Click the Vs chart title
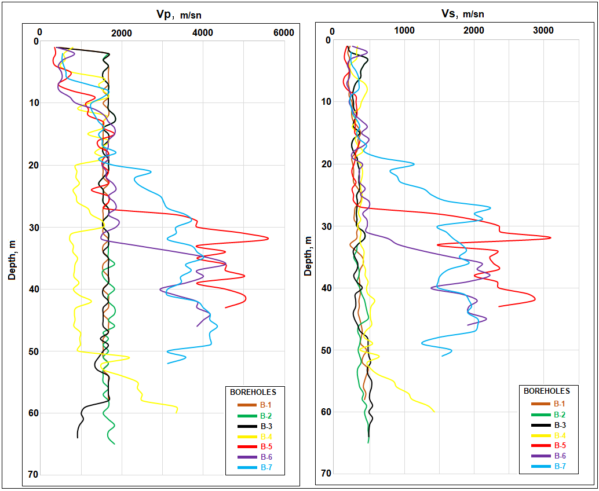click(x=457, y=13)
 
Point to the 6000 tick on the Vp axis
click(x=284, y=33)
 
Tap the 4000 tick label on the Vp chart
click(x=203, y=33)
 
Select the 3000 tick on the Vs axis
click(x=543, y=31)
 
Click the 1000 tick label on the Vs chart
click(x=404, y=31)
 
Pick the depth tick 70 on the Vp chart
click(x=31, y=475)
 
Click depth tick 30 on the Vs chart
click(x=326, y=226)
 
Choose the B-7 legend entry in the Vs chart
click(x=560, y=466)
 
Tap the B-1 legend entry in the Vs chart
click(x=560, y=404)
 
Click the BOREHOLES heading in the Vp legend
click(x=253, y=392)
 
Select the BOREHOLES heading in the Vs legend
click(x=547, y=391)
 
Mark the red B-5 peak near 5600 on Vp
click(x=268, y=238)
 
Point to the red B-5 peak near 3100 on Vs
click(x=550, y=237)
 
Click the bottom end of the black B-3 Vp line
click(x=78, y=438)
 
